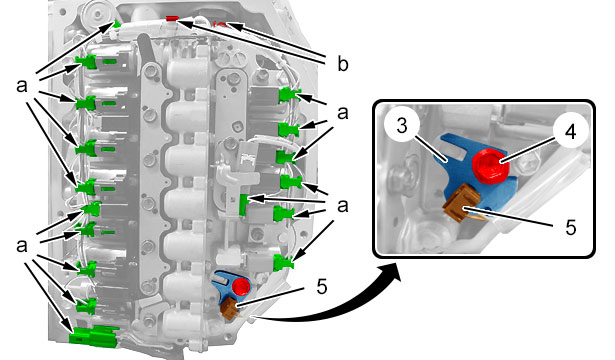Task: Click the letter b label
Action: point(342,64)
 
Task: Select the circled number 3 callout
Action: point(402,125)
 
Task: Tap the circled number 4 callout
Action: point(571,131)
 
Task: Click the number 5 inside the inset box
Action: point(571,226)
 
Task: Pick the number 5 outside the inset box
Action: point(322,287)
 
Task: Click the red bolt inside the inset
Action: point(491,166)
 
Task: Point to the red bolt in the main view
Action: point(240,287)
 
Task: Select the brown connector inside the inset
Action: point(462,203)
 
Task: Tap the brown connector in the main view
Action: point(228,308)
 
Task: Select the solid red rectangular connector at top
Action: point(172,18)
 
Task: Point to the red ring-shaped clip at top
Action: point(221,25)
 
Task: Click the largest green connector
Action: point(94,336)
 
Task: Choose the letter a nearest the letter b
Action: point(342,113)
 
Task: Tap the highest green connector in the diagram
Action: point(116,24)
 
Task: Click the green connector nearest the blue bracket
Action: point(283,262)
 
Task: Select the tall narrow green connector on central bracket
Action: point(243,205)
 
